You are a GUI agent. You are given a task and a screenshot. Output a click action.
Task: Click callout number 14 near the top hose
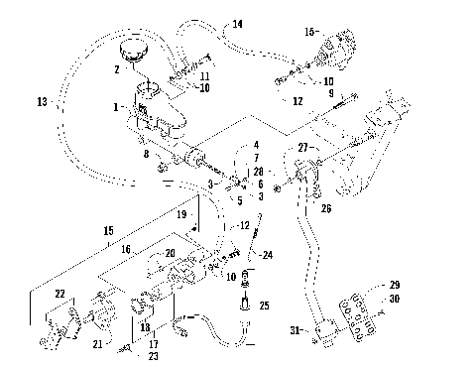pos(237,23)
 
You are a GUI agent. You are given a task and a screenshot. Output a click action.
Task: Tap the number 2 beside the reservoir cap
pos(116,69)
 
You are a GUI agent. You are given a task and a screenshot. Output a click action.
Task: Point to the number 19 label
pos(181,213)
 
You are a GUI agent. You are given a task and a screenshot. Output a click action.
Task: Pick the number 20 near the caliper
pos(169,252)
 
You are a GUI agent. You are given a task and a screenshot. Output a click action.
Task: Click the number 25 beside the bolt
pos(263,307)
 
